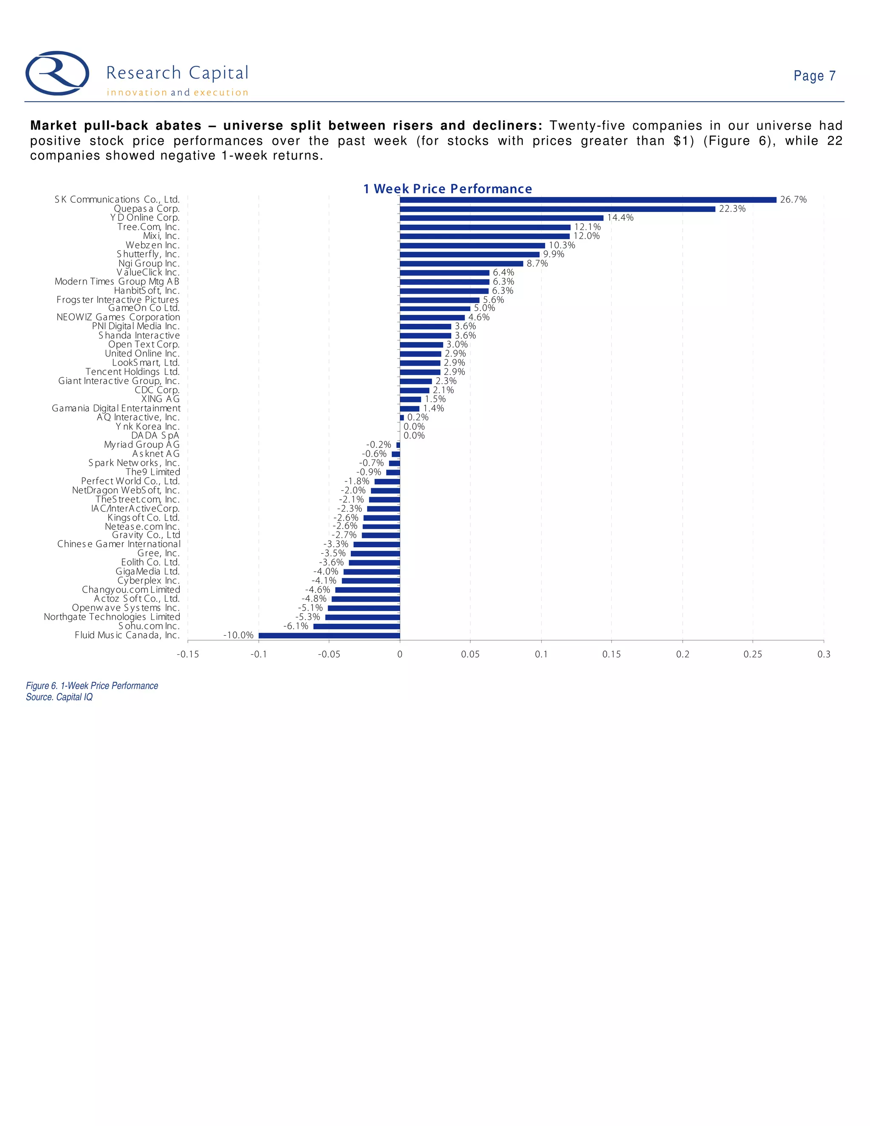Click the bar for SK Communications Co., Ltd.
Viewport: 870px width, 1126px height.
point(588,200)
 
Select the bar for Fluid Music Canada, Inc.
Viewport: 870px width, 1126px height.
point(329,635)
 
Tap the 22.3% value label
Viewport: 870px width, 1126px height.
point(732,209)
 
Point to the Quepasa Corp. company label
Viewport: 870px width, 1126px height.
point(147,209)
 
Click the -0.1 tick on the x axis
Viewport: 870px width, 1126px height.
point(258,654)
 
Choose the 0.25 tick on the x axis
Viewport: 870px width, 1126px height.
point(753,654)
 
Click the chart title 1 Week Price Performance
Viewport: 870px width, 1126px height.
point(447,189)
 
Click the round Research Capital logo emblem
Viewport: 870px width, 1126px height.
point(57,73)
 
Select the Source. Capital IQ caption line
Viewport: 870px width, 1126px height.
point(59,697)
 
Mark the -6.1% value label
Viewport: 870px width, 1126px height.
point(296,626)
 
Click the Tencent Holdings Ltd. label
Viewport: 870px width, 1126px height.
point(133,372)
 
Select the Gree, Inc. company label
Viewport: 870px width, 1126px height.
point(158,553)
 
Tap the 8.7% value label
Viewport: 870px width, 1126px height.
point(537,263)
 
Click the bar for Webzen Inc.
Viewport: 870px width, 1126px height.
point(472,246)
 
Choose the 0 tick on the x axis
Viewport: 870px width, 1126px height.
point(400,654)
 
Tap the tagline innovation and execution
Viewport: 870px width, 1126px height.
point(177,93)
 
